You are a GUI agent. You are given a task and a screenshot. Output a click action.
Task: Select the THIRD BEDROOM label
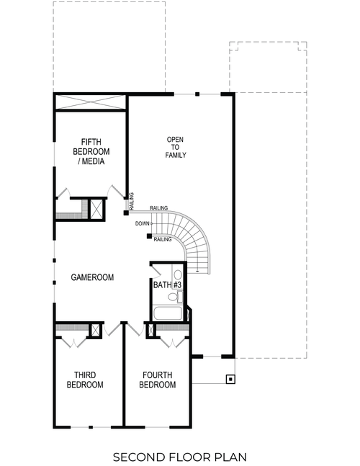(x=85, y=380)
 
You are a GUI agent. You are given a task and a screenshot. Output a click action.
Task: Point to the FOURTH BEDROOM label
(x=158, y=380)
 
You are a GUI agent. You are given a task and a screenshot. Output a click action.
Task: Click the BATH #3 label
(x=166, y=285)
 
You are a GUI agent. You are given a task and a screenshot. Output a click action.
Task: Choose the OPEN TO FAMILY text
(x=176, y=147)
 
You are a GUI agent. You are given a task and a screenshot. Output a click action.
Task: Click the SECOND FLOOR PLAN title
(x=179, y=456)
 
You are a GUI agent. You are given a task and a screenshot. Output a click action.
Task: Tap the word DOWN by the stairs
(x=142, y=223)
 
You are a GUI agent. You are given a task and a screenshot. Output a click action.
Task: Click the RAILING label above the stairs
(x=158, y=208)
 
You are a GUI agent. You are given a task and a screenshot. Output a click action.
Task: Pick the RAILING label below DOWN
(x=163, y=239)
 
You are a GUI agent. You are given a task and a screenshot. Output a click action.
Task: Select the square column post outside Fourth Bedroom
(x=230, y=379)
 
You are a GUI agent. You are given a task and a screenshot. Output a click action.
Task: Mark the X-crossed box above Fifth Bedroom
(x=90, y=102)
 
